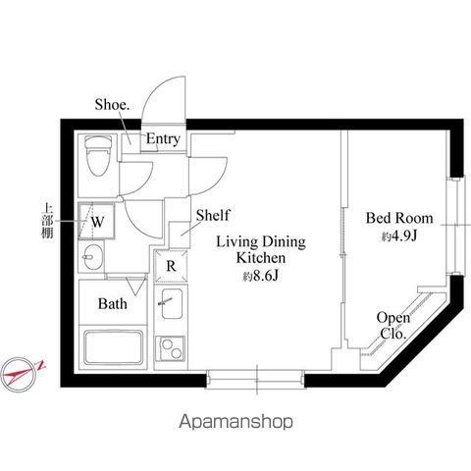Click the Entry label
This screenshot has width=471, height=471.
click(x=163, y=139)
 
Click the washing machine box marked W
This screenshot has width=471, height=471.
click(x=98, y=221)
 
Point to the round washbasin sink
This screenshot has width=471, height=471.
click(x=91, y=260)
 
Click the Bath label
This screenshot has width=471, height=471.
click(x=112, y=304)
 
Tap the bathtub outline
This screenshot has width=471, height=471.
click(x=115, y=348)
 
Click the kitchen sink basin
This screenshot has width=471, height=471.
click(x=172, y=307)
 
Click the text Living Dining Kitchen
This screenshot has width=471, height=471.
click(x=261, y=248)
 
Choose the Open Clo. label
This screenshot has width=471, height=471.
click(x=392, y=326)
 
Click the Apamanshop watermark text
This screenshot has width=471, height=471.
click(x=235, y=422)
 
